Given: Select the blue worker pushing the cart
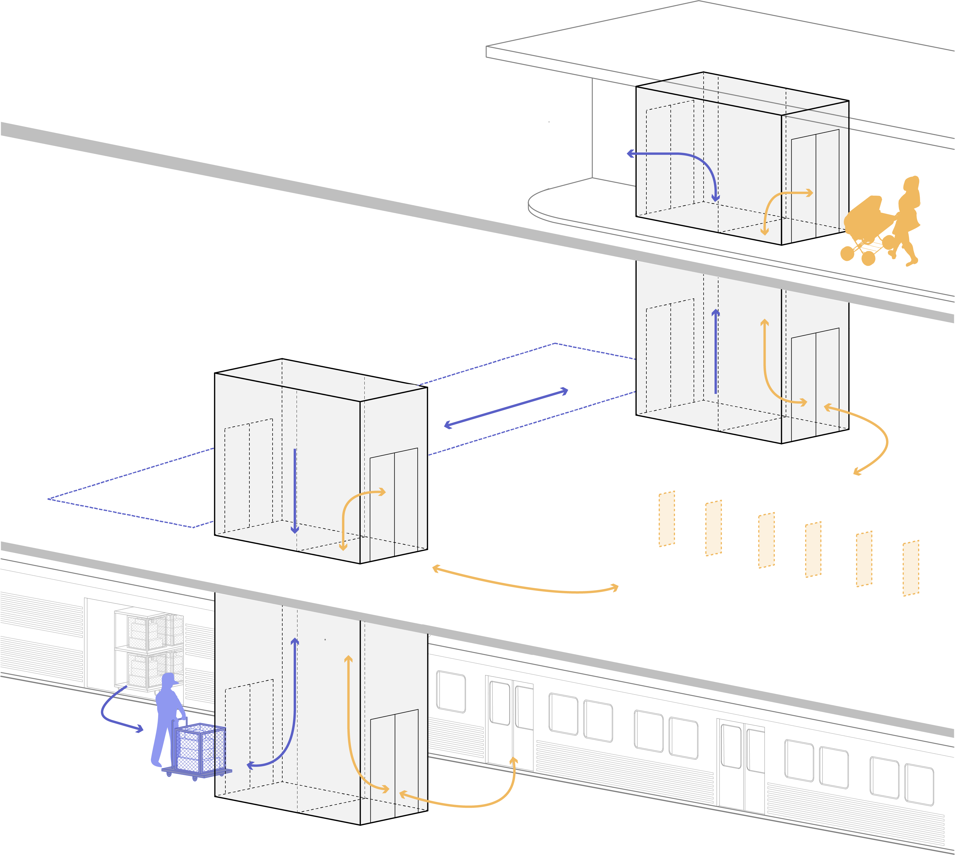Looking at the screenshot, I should coord(167,719).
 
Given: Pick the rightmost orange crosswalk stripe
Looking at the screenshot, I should coord(910,568).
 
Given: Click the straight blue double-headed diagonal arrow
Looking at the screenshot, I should coord(506,408).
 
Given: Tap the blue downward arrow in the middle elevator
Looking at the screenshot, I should coord(295,491).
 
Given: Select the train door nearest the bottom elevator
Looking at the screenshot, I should coord(510,723).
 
